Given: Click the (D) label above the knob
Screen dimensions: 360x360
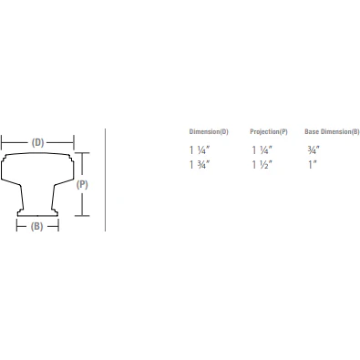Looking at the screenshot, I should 37,142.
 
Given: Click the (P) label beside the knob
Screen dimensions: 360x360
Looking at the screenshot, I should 83,184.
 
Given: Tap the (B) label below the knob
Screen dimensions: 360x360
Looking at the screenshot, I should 37,225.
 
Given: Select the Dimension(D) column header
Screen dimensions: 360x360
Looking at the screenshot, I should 209,131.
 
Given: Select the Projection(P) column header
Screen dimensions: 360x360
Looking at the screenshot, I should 269,131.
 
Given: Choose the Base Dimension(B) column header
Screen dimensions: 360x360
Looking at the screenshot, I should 332,131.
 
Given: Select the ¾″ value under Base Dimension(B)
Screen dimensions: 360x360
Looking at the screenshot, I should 314,148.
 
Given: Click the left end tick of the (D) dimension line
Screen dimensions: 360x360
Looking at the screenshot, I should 2,142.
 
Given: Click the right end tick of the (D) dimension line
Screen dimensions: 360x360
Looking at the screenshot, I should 73,142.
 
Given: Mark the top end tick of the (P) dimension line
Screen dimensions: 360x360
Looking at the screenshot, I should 83,154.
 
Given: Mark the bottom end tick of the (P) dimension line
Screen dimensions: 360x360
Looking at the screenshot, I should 83,216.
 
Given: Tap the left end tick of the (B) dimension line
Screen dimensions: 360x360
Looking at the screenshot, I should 17,225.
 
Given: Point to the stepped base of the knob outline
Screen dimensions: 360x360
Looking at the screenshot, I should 37,212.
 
